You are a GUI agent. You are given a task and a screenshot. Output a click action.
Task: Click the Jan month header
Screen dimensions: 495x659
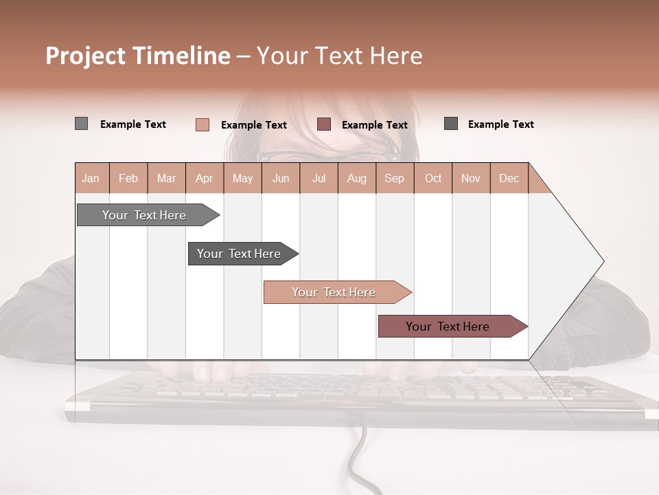click(x=91, y=178)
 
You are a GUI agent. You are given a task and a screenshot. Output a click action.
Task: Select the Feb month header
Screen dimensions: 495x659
click(x=128, y=178)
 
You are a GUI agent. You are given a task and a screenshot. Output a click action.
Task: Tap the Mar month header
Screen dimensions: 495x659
click(x=166, y=178)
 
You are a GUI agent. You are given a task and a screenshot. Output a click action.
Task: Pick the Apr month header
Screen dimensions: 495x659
click(x=205, y=178)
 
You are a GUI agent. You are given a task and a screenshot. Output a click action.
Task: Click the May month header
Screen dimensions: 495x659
click(x=242, y=178)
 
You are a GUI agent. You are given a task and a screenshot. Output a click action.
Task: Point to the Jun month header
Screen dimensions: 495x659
click(x=281, y=178)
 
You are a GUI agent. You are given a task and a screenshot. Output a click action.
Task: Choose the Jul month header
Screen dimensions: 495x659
click(x=319, y=178)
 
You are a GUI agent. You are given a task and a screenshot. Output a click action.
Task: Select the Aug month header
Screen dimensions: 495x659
click(x=357, y=178)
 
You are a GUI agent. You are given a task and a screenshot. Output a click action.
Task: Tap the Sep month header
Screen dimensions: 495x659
click(x=395, y=178)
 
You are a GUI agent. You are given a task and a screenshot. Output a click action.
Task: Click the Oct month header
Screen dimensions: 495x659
click(x=433, y=178)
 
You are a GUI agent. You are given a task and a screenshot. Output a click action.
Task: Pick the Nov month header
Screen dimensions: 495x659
click(x=471, y=178)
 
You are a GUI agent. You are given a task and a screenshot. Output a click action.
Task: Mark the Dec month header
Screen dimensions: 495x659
click(x=509, y=178)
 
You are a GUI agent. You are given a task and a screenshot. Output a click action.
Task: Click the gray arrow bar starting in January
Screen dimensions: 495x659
click(x=145, y=215)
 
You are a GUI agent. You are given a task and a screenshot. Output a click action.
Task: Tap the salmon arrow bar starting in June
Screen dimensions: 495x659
click(x=335, y=292)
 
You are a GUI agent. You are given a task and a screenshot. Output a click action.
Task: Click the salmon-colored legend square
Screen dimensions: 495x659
click(x=203, y=124)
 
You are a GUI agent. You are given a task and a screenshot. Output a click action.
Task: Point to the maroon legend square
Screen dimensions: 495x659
click(x=324, y=124)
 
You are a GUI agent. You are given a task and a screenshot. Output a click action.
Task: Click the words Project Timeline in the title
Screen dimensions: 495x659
click(x=138, y=56)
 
